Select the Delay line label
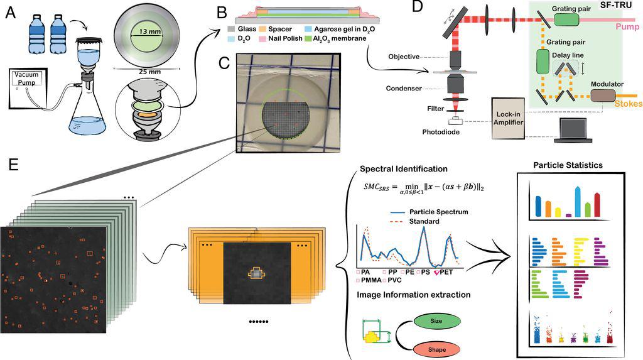tap(567, 55)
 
